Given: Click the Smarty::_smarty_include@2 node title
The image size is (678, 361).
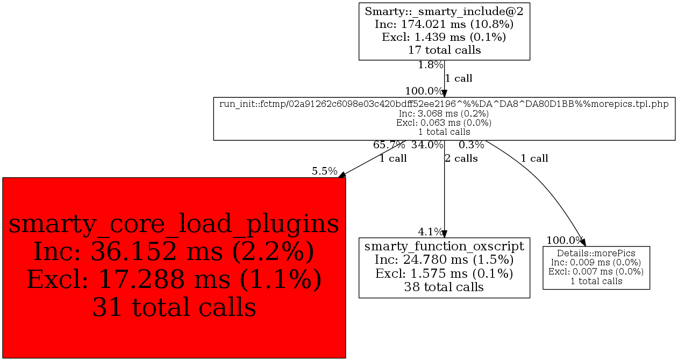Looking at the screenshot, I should pyautogui.click(x=444, y=11).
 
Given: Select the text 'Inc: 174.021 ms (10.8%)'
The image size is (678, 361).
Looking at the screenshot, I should pyautogui.click(x=444, y=24).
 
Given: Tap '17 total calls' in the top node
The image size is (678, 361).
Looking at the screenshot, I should pyautogui.click(x=444, y=50).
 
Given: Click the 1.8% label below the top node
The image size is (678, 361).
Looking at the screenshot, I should pyautogui.click(x=430, y=66).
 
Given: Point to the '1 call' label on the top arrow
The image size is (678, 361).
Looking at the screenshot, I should pyautogui.click(x=459, y=78).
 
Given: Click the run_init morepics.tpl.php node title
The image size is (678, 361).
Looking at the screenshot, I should pyautogui.click(x=444, y=104).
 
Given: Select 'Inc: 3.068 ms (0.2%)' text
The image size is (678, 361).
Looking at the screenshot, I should pyautogui.click(x=444, y=113).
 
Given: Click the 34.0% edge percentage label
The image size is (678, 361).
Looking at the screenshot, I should pyautogui.click(x=427, y=145).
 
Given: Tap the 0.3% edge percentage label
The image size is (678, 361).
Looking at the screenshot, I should pyautogui.click(x=471, y=145).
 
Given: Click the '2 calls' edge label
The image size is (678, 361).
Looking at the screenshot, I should pyautogui.click(x=461, y=158).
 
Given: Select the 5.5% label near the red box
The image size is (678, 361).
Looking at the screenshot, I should pyautogui.click(x=324, y=171).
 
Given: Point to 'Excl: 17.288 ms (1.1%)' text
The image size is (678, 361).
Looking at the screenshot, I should pyautogui.click(x=174, y=279).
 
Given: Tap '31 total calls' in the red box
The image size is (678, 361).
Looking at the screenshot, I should pyautogui.click(x=174, y=307).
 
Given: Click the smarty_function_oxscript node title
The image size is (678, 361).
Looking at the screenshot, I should pyautogui.click(x=444, y=247).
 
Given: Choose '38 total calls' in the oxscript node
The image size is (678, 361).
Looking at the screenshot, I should pyautogui.click(x=444, y=287).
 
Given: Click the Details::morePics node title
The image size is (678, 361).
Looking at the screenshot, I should pyautogui.click(x=596, y=253).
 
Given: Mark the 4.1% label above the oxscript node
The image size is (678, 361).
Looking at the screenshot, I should pyautogui.click(x=430, y=232).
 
